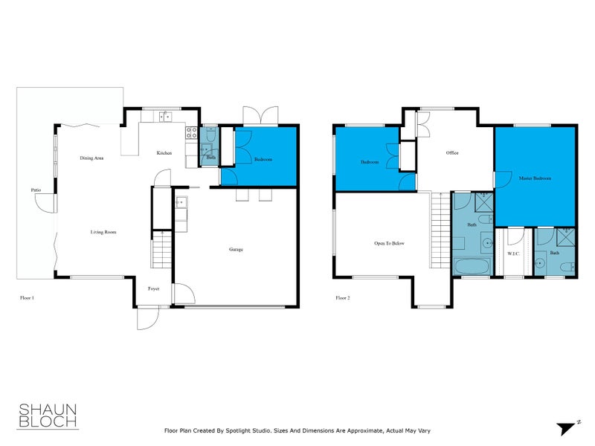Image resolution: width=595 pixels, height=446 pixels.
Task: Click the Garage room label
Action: point(236,250)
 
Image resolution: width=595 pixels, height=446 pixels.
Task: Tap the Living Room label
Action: point(103,233)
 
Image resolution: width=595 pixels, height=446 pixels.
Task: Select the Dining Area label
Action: point(91,158)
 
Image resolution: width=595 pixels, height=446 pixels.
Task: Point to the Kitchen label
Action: point(164,153)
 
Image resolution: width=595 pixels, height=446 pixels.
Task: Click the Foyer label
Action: point(154,288)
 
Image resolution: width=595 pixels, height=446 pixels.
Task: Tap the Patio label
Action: point(36,191)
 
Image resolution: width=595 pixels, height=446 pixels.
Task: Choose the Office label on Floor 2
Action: point(452,153)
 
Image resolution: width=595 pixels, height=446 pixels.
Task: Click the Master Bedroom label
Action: point(535,178)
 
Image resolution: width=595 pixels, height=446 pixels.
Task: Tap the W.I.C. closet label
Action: point(513,253)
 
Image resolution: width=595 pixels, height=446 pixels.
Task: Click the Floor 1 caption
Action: point(28,297)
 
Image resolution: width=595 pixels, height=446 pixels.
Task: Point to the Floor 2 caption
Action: point(343,297)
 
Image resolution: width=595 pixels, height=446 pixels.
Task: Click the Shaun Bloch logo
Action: point(47,416)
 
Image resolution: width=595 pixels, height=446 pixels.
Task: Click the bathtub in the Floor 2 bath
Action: point(470,266)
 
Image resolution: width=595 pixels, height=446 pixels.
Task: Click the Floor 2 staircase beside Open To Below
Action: point(441,230)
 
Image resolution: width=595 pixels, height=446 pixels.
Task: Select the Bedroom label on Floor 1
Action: point(263,160)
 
